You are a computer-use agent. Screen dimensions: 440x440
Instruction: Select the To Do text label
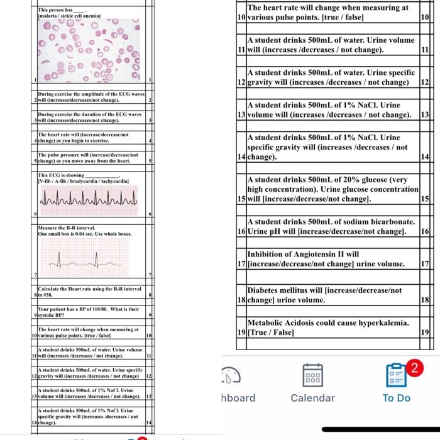[x=396, y=398]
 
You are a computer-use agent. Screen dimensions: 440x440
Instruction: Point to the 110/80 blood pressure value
[x=105, y=310]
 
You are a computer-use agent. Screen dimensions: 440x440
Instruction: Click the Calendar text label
[x=312, y=398]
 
